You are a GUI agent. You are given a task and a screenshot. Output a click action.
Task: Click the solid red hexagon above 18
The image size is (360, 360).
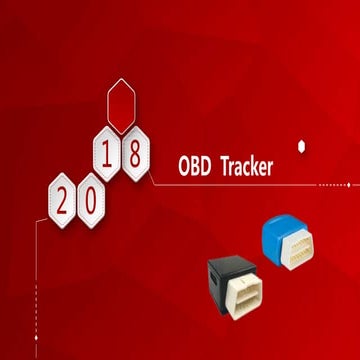click(x=122, y=108)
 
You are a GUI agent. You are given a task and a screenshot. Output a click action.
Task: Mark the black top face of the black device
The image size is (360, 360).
click(x=232, y=264)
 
